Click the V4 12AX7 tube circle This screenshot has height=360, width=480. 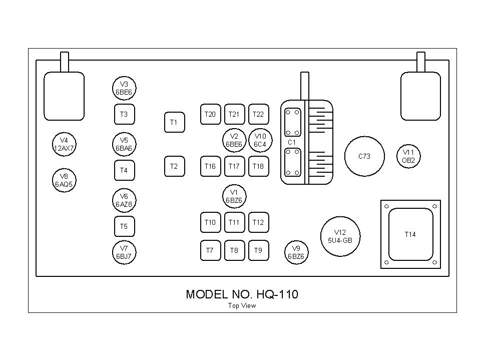[x=64, y=144]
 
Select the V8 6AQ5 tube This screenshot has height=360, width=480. [x=64, y=180]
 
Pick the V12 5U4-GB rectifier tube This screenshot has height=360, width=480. [x=340, y=236]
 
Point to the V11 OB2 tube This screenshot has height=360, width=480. [x=408, y=156]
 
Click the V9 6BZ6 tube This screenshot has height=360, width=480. [x=296, y=252]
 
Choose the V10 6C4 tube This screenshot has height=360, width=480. [x=260, y=140]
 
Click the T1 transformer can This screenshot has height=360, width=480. [x=174, y=122]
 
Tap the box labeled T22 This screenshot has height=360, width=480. [x=258, y=115]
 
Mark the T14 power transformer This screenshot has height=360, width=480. [x=410, y=234]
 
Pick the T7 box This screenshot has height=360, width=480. [x=210, y=250]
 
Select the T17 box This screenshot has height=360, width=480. [x=234, y=166]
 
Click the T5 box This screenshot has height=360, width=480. [x=124, y=226]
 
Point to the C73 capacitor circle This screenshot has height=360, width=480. [x=364, y=156]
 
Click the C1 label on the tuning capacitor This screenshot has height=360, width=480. [x=292, y=143]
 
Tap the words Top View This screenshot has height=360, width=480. [x=242, y=306]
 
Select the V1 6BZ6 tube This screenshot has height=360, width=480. [x=234, y=196]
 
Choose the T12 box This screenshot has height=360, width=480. [x=258, y=222]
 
